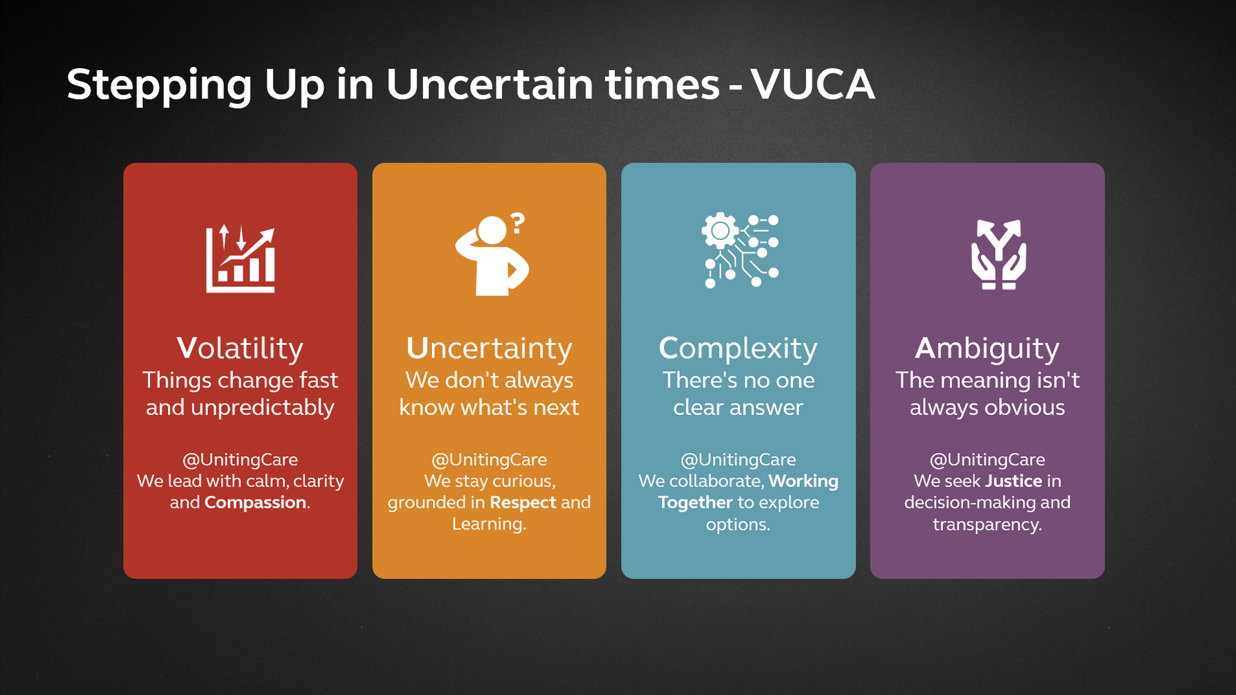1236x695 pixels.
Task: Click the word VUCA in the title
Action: coord(812,84)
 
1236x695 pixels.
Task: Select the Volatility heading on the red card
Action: coord(240,348)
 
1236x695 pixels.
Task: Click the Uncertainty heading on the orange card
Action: coord(489,349)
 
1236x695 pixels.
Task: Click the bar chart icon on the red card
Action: coord(241,259)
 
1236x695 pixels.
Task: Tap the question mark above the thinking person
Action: coord(518,223)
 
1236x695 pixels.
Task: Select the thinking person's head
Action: coord(492,230)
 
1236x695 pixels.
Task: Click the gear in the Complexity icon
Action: coord(720,230)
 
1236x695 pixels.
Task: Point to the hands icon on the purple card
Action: coord(998,255)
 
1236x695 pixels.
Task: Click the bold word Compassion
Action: coord(256,503)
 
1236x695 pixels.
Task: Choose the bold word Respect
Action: coord(523,503)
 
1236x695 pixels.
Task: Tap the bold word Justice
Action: coord(1014,481)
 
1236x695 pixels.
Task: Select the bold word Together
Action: coord(695,503)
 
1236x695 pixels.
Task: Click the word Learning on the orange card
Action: coord(488,524)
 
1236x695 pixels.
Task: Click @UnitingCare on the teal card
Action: coord(738,459)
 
